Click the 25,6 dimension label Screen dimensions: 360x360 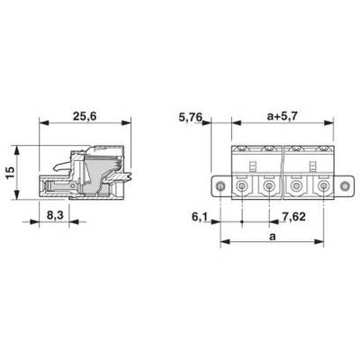[x=85, y=116]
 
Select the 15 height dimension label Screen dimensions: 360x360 [x=11, y=173]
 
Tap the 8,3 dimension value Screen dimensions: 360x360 [x=54, y=215]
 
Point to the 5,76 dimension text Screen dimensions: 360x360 [x=191, y=117]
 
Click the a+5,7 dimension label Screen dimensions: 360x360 [x=282, y=116]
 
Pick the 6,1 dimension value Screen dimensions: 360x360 [x=200, y=217]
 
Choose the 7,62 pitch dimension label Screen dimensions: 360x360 [x=293, y=216]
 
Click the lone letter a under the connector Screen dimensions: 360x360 [x=272, y=237]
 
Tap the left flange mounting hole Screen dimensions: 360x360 [x=220, y=186]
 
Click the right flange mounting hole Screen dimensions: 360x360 [x=345, y=186]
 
